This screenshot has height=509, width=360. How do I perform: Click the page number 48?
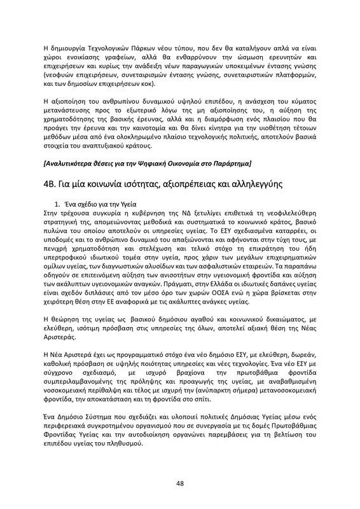179,484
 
